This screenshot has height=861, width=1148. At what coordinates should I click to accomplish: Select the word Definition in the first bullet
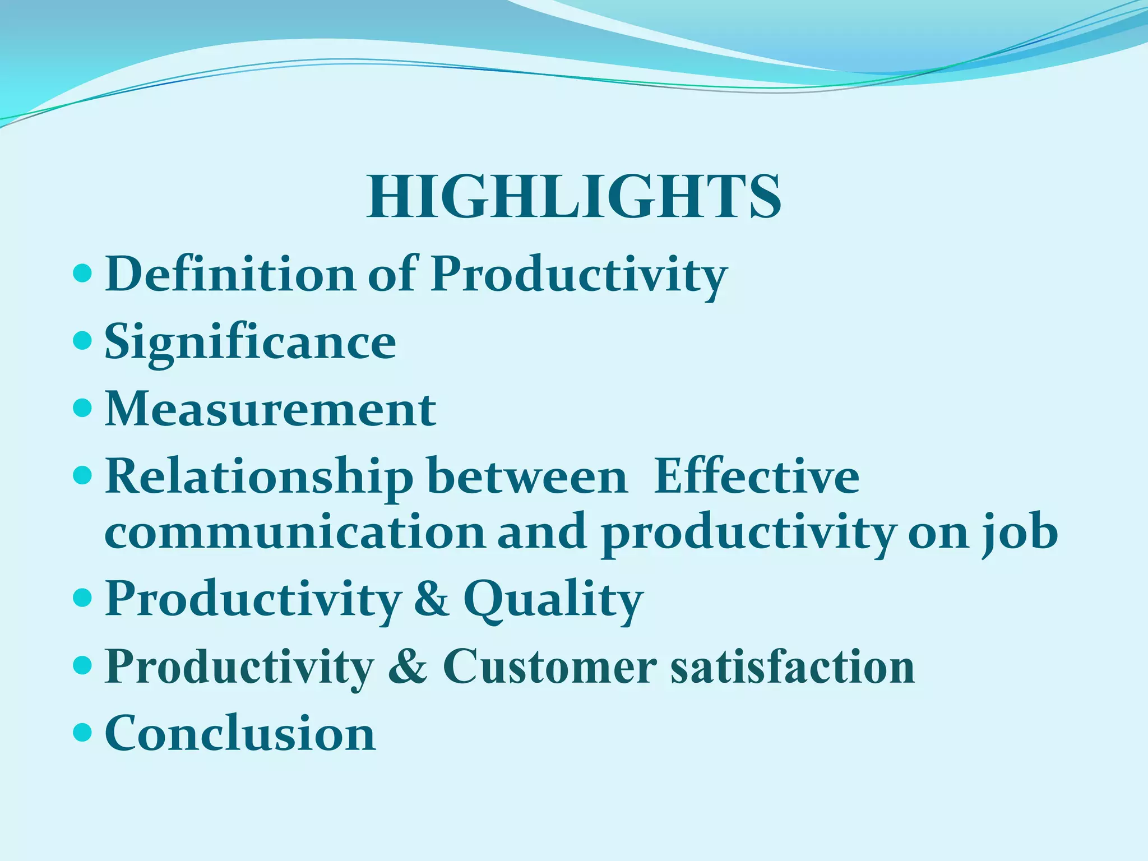[x=230, y=274]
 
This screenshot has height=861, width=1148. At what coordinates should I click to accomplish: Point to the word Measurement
[x=270, y=409]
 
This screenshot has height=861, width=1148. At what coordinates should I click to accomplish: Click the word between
[x=527, y=476]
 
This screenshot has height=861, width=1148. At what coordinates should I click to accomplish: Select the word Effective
[x=756, y=476]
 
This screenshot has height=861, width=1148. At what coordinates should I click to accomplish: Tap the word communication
[x=295, y=533]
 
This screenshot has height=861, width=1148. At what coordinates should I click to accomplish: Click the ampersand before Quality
[x=432, y=599]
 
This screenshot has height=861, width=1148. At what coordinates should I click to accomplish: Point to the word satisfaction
[x=793, y=667]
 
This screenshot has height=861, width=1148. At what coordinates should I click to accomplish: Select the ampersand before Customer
[x=407, y=666]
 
